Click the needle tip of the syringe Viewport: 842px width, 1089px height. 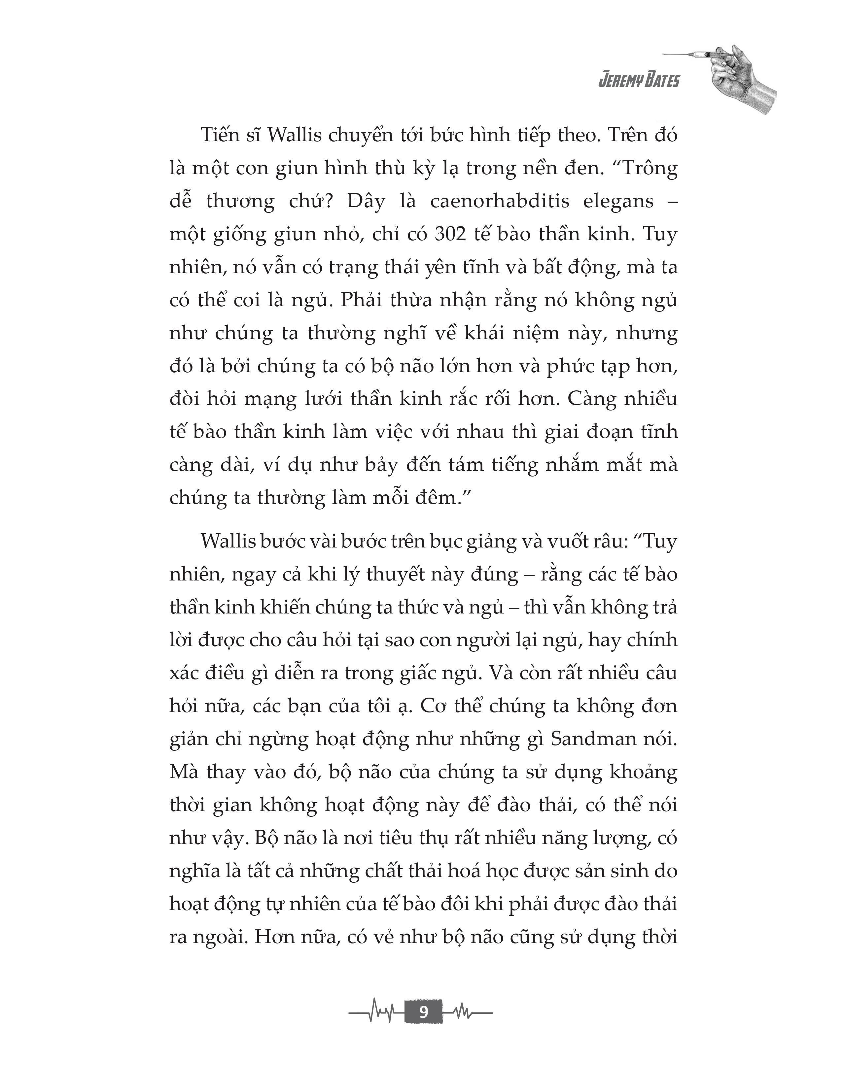(x=664, y=54)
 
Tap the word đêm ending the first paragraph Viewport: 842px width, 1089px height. (x=434, y=498)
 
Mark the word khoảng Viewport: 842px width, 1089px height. (x=644, y=772)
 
